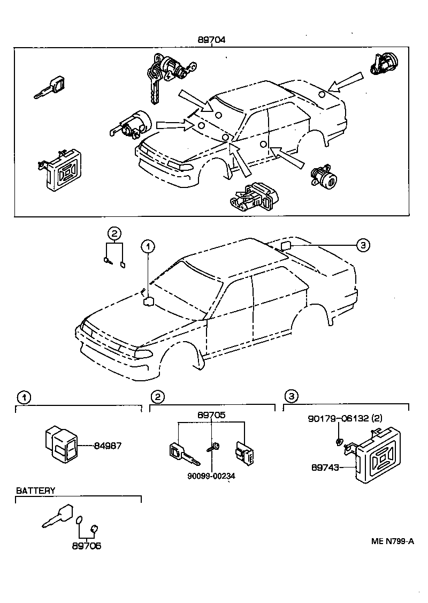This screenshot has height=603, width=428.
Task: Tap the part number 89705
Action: coord(211,415)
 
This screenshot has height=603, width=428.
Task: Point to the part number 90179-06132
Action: coord(346,418)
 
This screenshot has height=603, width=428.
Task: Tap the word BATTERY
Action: coord(35,491)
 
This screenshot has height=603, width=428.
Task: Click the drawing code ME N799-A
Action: coord(393,541)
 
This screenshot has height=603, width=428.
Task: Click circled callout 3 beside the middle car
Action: coord(363,245)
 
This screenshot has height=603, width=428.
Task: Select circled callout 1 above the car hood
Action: coord(148,246)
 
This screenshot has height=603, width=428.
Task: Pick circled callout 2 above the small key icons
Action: coord(114,232)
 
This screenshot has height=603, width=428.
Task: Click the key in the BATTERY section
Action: coord(57,517)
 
